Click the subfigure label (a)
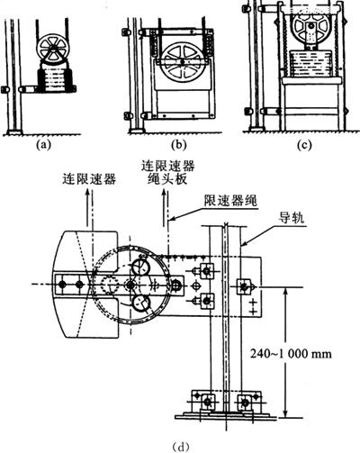coord(43,145)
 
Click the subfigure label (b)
coord(178,145)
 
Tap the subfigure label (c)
coord(304,145)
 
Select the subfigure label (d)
coord(181,447)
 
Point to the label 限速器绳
coord(230,200)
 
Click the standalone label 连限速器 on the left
coord(89,179)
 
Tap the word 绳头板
coord(168,179)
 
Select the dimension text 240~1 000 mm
coord(291,354)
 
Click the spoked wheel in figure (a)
coord(53,49)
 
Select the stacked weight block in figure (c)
coord(311,63)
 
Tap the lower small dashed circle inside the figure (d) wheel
coord(141,304)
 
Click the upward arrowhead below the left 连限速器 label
coord(87,194)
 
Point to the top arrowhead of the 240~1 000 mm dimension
coord(286,293)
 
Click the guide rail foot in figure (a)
coord(14,132)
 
